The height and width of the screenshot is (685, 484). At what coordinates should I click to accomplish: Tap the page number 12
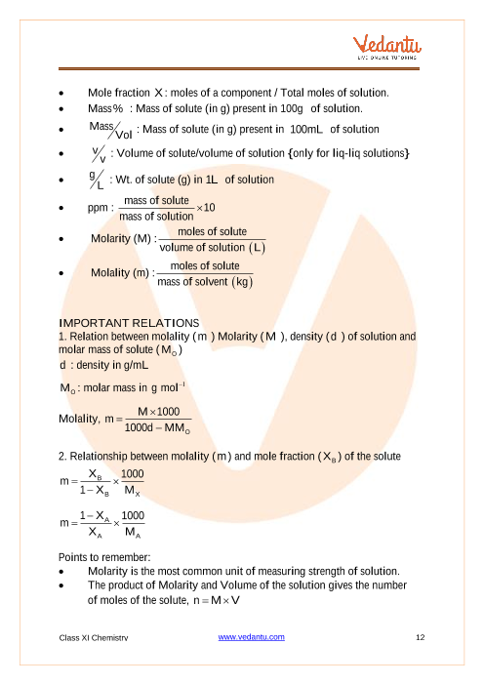tap(421, 637)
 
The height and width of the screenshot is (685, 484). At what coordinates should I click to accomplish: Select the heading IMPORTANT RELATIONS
tap(130, 323)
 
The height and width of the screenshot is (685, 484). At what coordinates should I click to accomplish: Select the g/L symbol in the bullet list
tap(97, 180)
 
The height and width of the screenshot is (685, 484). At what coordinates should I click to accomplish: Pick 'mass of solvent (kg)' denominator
tap(205, 282)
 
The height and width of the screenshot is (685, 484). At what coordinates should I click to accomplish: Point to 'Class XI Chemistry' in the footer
tap(94, 637)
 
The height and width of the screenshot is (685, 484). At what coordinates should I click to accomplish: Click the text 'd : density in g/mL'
tap(102, 366)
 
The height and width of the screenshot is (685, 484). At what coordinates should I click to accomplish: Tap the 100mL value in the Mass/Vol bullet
tap(313, 130)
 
